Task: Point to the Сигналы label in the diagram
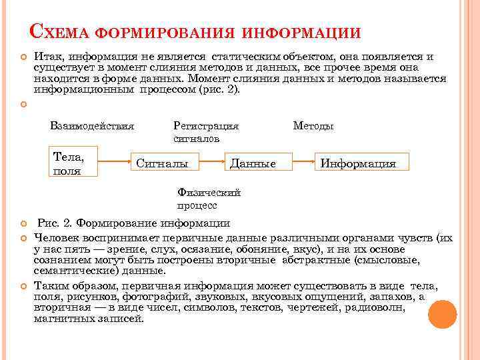(162, 163)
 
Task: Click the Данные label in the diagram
(251, 163)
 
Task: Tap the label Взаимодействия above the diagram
(92, 125)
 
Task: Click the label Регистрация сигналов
(205, 132)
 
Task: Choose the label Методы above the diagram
(314, 125)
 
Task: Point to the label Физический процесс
(208, 199)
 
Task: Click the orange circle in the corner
(442, 313)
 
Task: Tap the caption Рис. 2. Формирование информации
(134, 223)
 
